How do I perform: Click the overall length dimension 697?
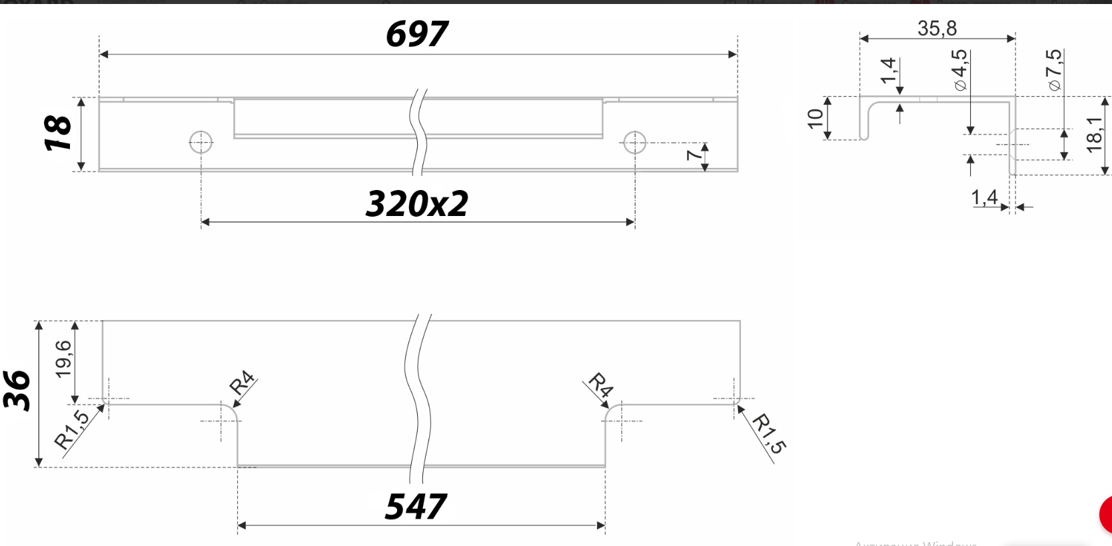pos(416,34)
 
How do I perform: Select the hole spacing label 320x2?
pos(417,204)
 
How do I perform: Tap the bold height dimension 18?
pos(57,133)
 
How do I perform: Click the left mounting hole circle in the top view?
pos(201,142)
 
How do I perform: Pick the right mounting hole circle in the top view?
pos(634,142)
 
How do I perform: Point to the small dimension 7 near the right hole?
pos(693,155)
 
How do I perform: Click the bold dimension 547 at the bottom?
pos(416,507)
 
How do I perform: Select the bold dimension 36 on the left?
pos(17,391)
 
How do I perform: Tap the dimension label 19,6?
pos(63,359)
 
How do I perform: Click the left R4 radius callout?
pos(242,383)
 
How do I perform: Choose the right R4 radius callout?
pos(600,385)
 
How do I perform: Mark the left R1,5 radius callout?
pos(71,430)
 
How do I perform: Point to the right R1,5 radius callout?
pos(769,433)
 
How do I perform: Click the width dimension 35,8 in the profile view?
pos(937,28)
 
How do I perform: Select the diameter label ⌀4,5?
pos(959,69)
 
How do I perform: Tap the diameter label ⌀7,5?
pos(1054,69)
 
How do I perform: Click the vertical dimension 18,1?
pos(1094,134)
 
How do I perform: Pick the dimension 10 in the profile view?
pos(815,119)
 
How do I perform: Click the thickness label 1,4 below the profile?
pos(984,197)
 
